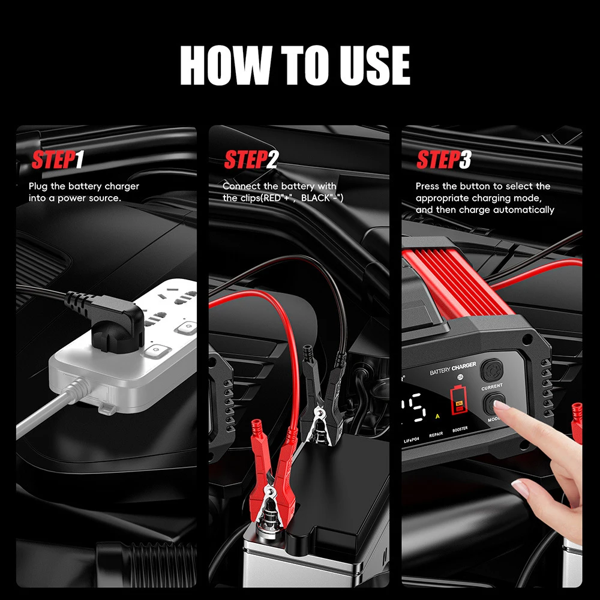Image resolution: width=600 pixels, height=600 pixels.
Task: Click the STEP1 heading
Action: click(58, 161)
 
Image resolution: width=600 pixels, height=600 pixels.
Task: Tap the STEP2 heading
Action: click(251, 161)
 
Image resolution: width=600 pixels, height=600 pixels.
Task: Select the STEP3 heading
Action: click(443, 161)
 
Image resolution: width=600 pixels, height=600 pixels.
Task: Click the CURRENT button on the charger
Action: click(492, 368)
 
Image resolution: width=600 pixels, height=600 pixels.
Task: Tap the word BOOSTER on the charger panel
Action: click(460, 429)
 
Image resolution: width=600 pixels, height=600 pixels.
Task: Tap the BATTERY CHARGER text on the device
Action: click(453, 369)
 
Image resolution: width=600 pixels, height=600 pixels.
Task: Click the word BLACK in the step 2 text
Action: click(316, 198)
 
